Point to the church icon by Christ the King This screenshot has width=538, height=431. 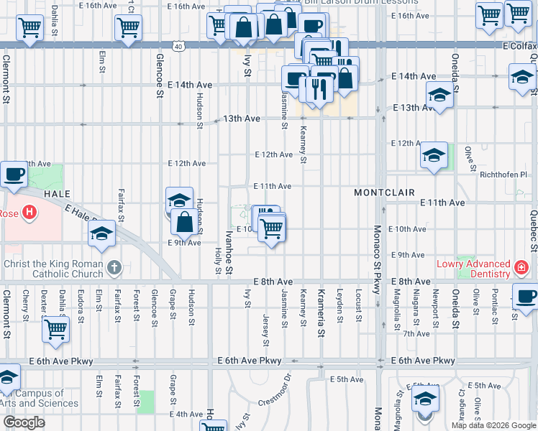(114, 269)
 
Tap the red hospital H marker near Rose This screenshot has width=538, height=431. (29, 213)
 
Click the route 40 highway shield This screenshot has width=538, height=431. (178, 45)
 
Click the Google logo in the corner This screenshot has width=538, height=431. (24, 422)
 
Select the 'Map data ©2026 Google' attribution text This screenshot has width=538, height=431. (493, 425)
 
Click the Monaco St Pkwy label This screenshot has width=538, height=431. (377, 259)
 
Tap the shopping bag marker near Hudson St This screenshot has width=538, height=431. (184, 222)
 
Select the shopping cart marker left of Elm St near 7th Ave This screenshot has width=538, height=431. (55, 330)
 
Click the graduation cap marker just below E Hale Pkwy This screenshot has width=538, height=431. (102, 233)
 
